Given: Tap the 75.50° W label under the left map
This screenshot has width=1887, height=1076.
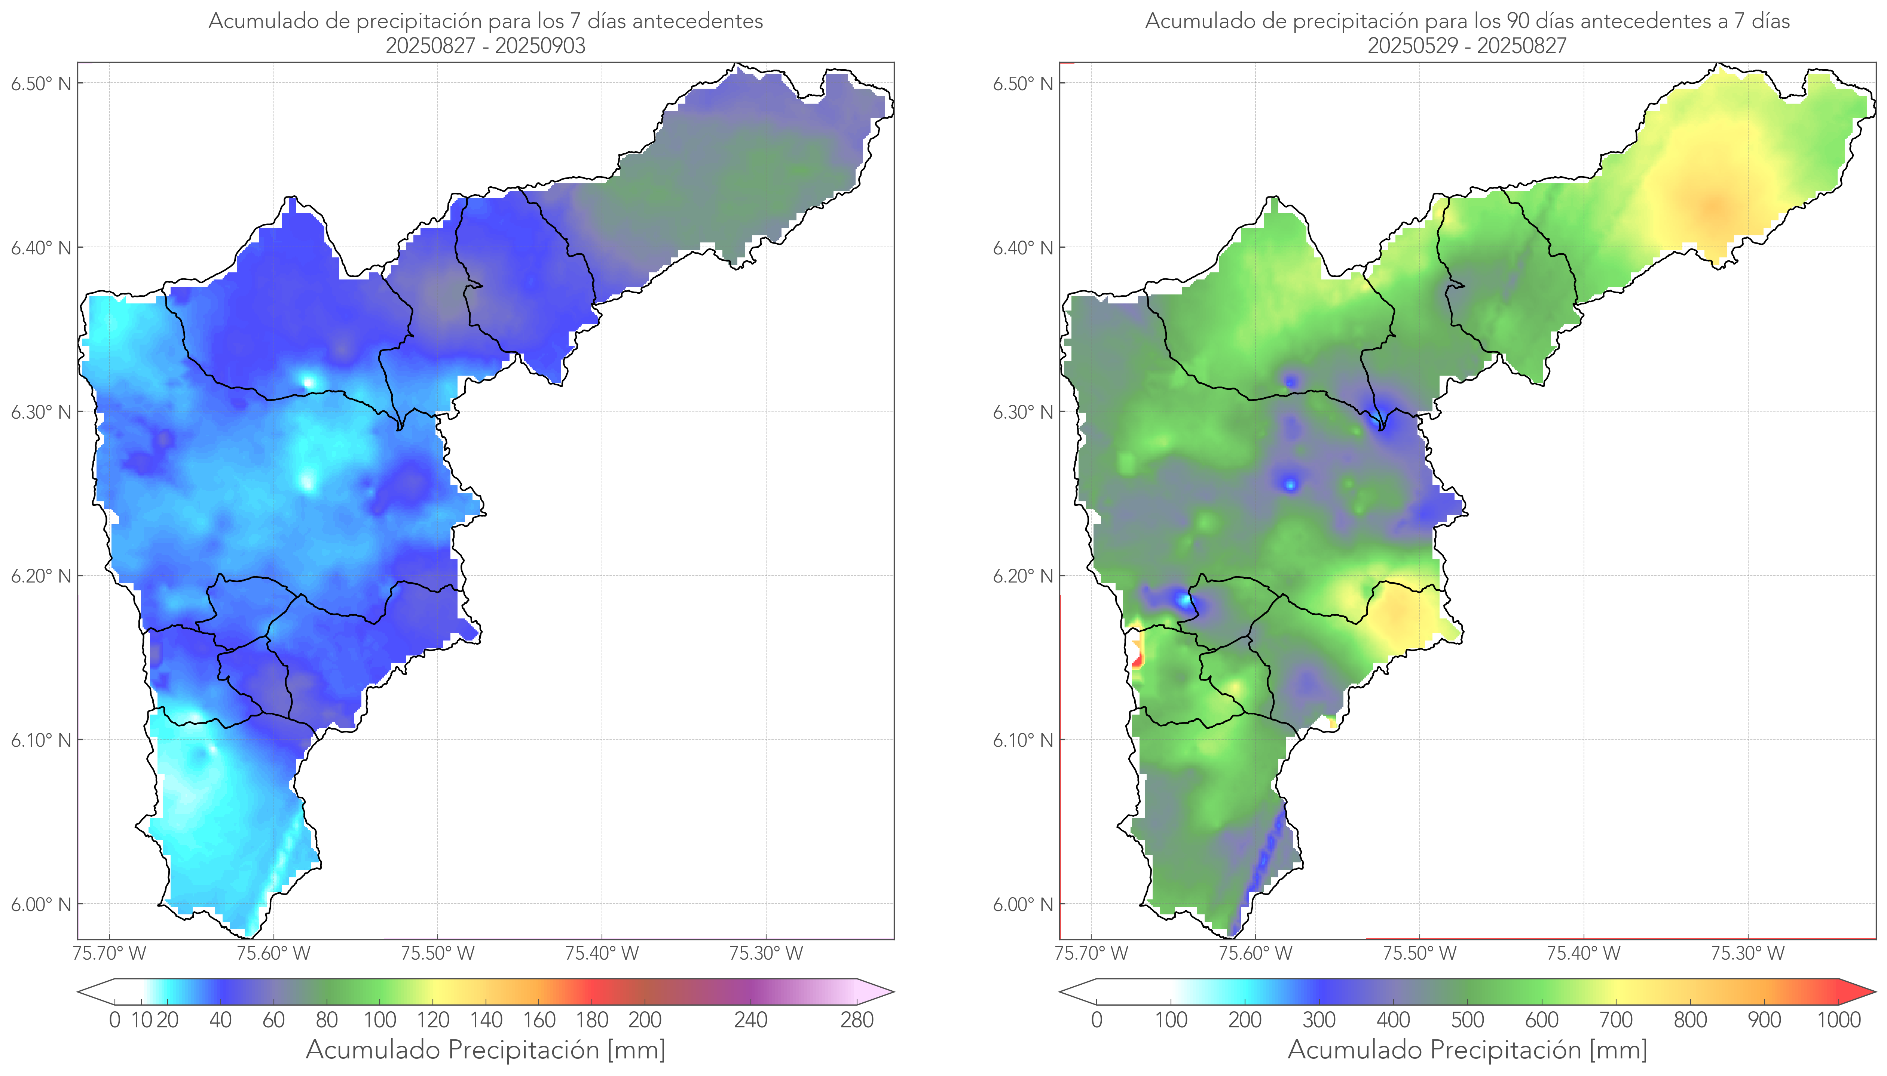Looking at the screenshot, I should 437,953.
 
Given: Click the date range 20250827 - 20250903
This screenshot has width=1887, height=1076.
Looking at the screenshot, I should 486,46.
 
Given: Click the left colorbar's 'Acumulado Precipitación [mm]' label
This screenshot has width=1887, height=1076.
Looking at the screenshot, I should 486,1049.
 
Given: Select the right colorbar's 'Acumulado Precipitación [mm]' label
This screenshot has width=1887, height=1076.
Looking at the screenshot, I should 1467,1049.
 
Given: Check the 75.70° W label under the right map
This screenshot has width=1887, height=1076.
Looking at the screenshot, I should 1091,953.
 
